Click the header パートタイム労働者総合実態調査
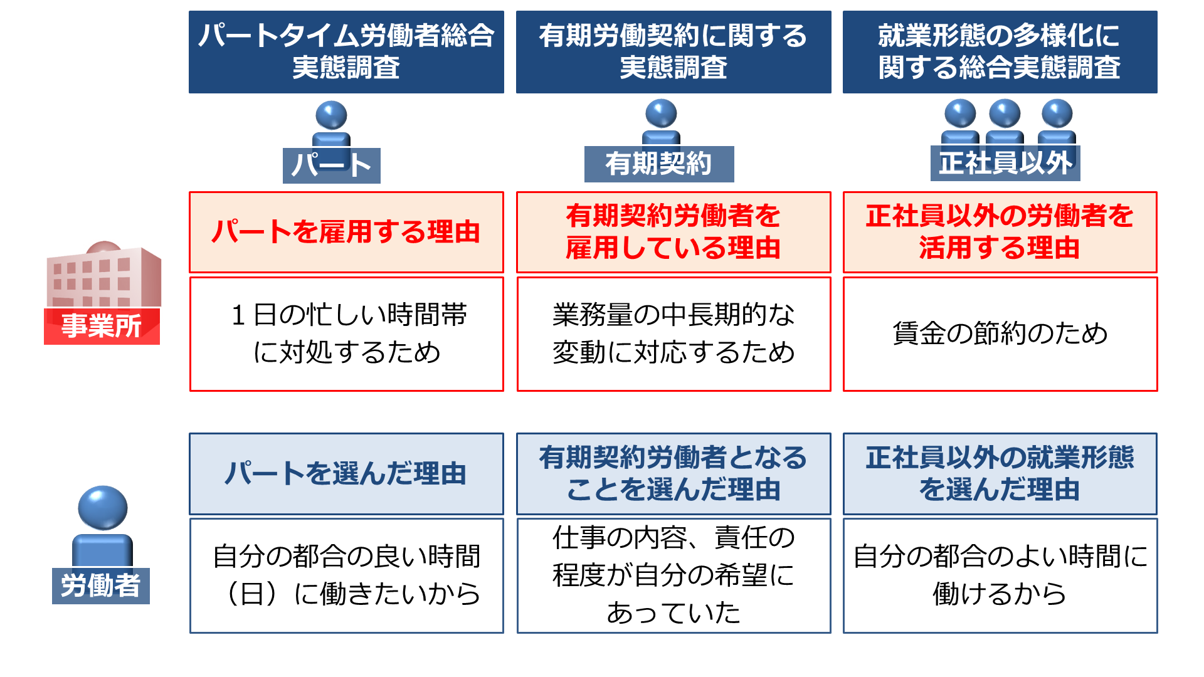point(346,52)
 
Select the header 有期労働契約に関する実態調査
point(673,52)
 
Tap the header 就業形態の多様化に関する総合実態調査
point(1000,52)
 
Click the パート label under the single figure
point(332,165)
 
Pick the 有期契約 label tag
point(659,164)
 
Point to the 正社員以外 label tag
point(1005,163)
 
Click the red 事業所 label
point(102,326)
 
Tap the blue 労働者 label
point(101,586)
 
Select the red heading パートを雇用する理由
point(346,232)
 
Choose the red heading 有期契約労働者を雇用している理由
point(673,232)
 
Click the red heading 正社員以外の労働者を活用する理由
point(1000,232)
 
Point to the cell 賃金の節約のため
point(1000,334)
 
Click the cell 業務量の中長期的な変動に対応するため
point(673,334)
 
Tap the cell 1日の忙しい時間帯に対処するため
point(346,334)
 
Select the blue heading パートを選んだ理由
point(346,474)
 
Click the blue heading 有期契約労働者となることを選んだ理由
point(673,474)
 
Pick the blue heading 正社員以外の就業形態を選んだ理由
point(1000,474)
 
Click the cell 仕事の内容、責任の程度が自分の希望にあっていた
point(673,575)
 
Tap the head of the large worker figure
point(103,508)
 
